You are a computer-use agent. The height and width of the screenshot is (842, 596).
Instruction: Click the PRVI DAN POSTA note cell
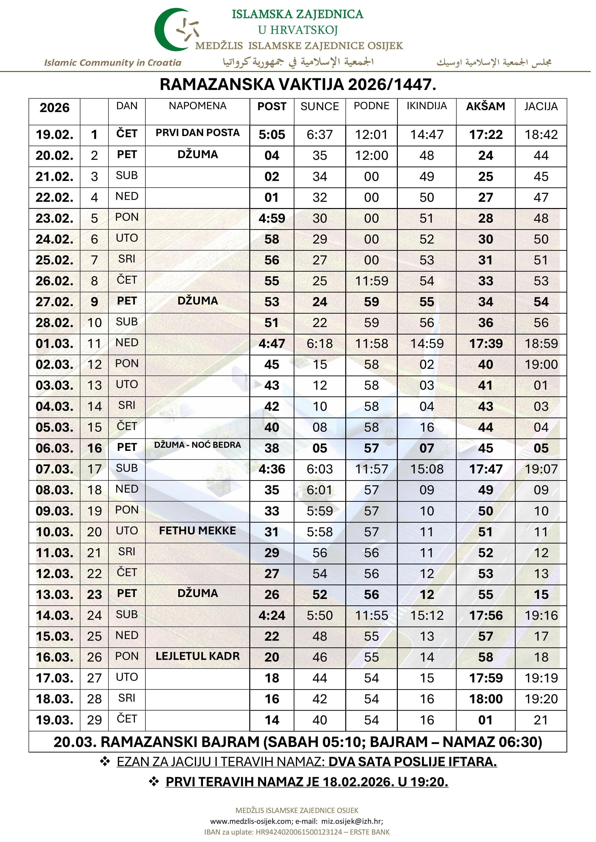click(x=197, y=133)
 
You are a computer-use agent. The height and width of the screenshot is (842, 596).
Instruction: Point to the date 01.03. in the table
click(x=54, y=344)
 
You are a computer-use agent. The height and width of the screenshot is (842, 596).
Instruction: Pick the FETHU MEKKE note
click(x=197, y=531)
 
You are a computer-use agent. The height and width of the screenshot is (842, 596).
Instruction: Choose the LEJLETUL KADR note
click(x=197, y=656)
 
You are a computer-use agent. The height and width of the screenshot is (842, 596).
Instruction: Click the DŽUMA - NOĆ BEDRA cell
click(x=197, y=445)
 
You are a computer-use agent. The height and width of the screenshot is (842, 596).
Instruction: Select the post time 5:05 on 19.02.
click(x=272, y=135)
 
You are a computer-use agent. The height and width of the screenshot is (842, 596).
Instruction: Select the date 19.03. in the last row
click(x=54, y=720)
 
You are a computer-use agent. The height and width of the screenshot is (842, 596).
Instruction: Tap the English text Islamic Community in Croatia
click(x=113, y=63)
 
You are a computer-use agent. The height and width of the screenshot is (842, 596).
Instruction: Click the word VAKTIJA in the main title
click(x=311, y=85)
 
